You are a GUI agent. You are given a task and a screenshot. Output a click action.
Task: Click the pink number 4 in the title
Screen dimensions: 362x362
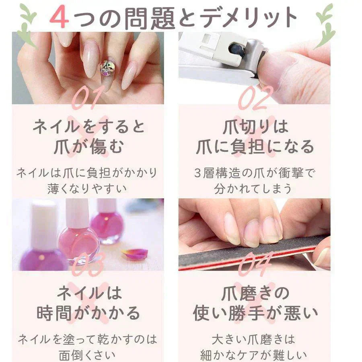click(x=60, y=16)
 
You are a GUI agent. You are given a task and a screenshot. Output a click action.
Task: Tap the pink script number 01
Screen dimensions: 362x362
click(x=86, y=97)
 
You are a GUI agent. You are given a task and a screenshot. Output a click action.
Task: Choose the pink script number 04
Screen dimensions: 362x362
click(x=255, y=264)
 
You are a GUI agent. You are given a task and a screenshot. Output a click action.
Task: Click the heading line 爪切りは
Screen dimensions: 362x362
click(x=255, y=127)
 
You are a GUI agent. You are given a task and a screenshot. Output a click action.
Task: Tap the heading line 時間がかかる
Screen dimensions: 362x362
click(x=88, y=313)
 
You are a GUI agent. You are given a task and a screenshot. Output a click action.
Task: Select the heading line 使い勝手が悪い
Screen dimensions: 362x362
click(x=255, y=313)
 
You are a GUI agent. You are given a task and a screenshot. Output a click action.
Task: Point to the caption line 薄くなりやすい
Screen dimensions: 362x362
click(x=87, y=189)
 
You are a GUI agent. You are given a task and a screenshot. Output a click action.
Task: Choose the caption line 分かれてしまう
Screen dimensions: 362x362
click(x=253, y=189)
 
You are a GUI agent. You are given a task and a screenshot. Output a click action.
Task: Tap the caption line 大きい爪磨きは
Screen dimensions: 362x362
click(x=253, y=339)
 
